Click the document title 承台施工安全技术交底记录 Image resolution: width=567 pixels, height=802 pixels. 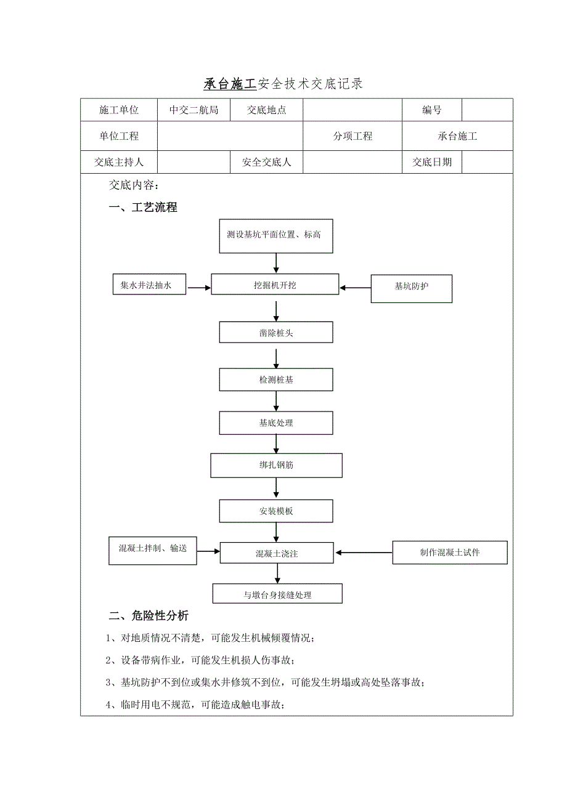[283, 84]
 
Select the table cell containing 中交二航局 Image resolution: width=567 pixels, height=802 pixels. [194, 110]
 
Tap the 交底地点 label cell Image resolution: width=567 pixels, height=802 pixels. [266, 110]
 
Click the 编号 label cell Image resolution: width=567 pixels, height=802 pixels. [431, 110]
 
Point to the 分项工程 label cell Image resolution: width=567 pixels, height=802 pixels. [353, 136]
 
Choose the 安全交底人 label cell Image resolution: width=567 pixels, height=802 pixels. [266, 162]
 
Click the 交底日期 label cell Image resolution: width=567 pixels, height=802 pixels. [431, 162]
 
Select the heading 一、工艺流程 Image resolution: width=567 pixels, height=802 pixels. [143, 208]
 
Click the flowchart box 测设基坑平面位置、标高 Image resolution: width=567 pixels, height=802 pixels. [276, 235]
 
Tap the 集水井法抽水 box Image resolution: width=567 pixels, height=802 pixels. [149, 285]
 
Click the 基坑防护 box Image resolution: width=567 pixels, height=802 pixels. [411, 287]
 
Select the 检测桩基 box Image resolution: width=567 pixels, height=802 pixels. [276, 380]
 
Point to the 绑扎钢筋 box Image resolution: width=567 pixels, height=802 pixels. [276, 465]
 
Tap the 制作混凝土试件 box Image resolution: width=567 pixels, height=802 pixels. [450, 553]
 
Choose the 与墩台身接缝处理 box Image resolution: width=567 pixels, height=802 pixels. [277, 594]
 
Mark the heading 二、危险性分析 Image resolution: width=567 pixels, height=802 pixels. [149, 616]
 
